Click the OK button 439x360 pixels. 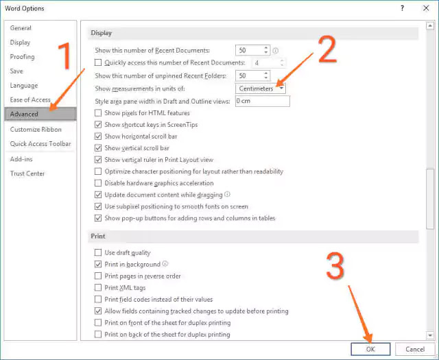click(370, 349)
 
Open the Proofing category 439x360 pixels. click(23, 57)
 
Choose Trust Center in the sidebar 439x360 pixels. click(27, 173)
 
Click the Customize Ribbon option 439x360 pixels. click(36, 130)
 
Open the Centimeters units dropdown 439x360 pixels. click(261, 88)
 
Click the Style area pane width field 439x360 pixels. click(262, 101)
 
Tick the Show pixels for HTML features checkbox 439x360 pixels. click(98, 113)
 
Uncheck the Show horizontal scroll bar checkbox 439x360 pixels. click(98, 136)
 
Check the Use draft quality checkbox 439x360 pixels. click(98, 253)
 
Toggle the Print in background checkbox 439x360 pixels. click(98, 264)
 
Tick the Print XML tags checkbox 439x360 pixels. click(98, 288)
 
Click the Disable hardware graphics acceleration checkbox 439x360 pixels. click(98, 183)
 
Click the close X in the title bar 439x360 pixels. click(426, 8)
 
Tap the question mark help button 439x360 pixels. click(403, 8)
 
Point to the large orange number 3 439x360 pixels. click(335, 266)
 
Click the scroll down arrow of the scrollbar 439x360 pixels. click(430, 335)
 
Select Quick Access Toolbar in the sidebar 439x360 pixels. click(40, 144)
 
